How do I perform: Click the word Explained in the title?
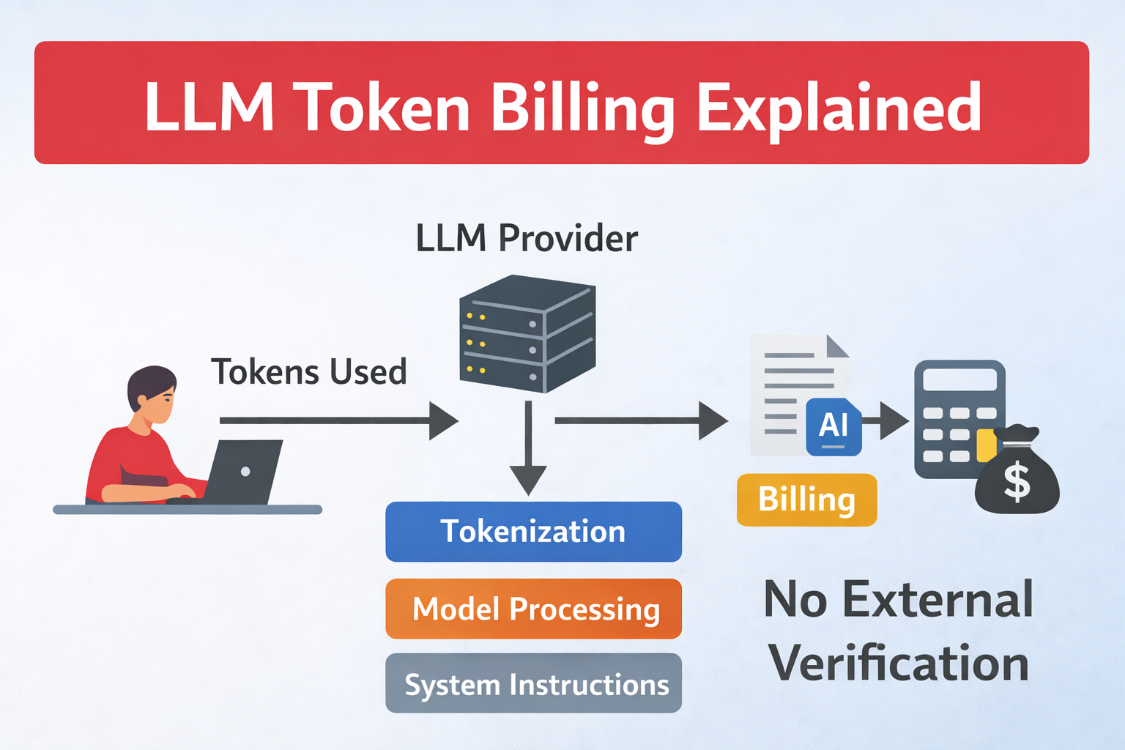pos(838,108)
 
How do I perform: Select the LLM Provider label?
pos(527,238)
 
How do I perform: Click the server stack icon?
pos(527,333)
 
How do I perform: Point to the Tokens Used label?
pos(308,372)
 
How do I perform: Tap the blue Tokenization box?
pos(533,532)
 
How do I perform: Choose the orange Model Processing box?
pos(533,609)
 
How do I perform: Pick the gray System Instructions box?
pos(533,683)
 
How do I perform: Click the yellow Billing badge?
pos(806,500)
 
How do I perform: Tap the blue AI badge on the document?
pos(833,426)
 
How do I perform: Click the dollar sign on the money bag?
pos(1017,482)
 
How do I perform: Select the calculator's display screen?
pos(959,380)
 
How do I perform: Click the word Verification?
pos(899,664)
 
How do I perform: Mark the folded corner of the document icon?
pos(838,346)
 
